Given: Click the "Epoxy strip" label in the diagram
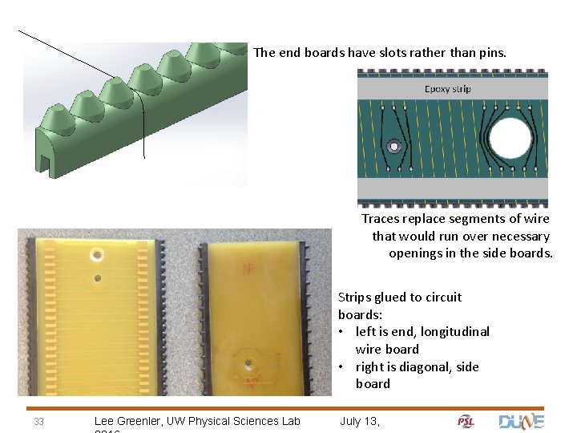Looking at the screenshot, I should click(448, 89).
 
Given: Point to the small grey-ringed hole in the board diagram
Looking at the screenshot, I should click(393, 147).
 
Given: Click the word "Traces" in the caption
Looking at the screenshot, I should click(381, 219).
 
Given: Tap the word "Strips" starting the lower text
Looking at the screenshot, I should click(355, 297).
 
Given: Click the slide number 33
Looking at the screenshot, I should click(38, 422).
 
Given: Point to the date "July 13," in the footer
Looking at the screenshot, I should click(360, 421).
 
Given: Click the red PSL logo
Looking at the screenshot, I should click(466, 422).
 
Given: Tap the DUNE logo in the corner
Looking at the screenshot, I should click(521, 421).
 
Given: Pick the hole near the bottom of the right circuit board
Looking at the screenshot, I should click(251, 363).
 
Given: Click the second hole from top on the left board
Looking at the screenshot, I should click(98, 280).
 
